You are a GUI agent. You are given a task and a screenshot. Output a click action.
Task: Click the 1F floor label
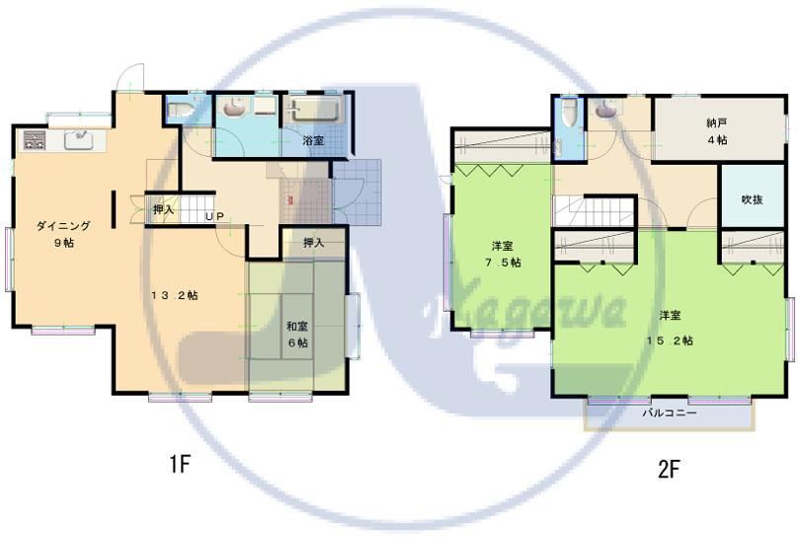[180, 464]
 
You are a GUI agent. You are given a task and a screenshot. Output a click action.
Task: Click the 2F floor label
[669, 469]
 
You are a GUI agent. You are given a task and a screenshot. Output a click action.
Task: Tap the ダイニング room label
[64, 226]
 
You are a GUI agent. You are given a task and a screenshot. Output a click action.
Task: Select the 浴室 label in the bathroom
[313, 140]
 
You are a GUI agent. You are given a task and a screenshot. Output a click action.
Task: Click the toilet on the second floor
[568, 113]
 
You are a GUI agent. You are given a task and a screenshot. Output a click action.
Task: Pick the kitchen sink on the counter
[78, 140]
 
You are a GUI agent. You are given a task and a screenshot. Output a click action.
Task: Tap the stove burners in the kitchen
[34, 140]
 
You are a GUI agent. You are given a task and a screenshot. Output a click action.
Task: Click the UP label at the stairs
[214, 216]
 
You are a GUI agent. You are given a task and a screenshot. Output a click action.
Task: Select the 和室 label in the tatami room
[297, 326]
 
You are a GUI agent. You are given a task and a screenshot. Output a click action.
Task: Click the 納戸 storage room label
[717, 123]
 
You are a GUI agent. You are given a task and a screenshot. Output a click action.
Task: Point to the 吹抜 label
[752, 199]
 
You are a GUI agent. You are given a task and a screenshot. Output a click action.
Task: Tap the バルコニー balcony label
[669, 413]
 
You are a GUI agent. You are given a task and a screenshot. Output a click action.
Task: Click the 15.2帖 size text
[670, 340]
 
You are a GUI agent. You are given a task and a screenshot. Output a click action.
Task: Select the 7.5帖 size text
[503, 263]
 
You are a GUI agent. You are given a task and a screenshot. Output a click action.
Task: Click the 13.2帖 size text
[175, 295]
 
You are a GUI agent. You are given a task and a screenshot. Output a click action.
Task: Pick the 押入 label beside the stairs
[164, 208]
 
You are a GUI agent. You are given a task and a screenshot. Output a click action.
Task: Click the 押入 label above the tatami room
[314, 243]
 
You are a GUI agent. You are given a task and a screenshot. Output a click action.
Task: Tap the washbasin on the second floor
[605, 108]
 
